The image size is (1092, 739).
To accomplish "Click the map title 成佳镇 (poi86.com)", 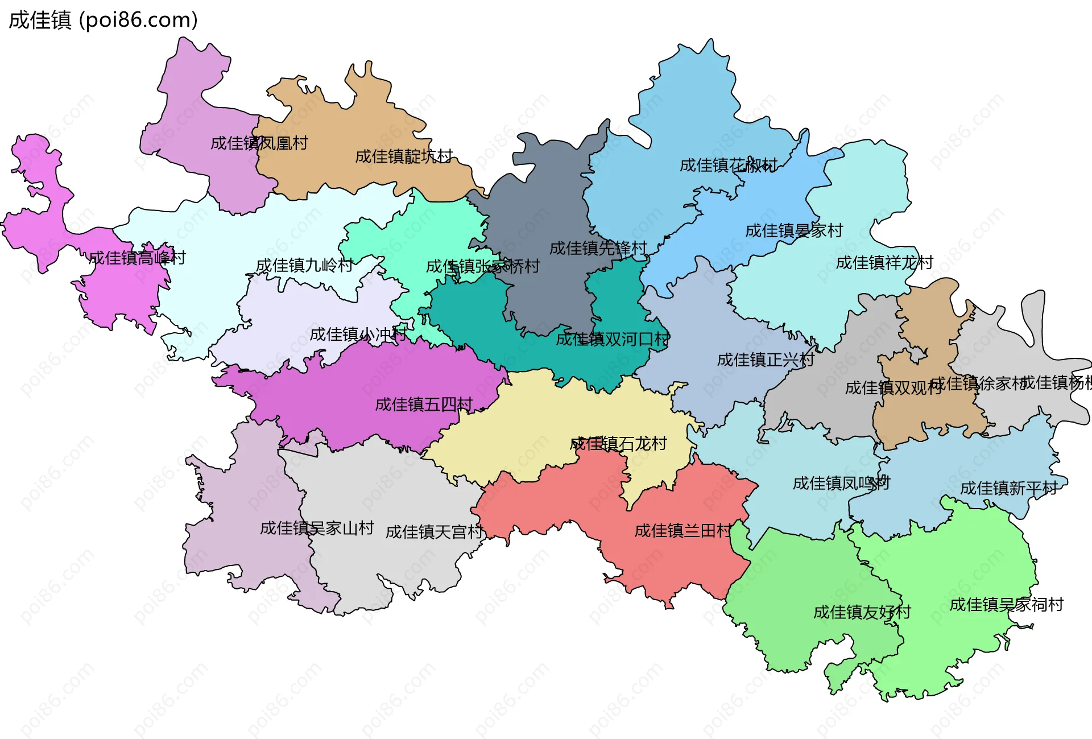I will tap(103, 20).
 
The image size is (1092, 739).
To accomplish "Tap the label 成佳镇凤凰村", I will tap(259, 143).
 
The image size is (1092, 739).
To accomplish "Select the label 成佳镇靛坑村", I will tap(404, 156).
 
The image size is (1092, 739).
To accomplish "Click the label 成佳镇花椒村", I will tap(729, 166).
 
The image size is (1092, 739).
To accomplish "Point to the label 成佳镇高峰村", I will tap(137, 258).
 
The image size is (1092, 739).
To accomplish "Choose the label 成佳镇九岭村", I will tap(304, 266).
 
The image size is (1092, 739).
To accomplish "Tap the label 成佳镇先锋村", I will tap(598, 249).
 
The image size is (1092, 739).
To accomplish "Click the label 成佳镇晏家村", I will tap(794, 231).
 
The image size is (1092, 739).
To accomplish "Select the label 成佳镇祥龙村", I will tap(884, 263).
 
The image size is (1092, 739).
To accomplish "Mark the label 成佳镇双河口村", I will tap(613, 340).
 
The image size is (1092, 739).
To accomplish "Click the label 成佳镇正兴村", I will tap(766, 360).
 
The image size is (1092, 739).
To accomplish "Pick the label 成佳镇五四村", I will tap(424, 404).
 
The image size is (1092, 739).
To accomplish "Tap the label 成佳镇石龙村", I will tap(618, 444).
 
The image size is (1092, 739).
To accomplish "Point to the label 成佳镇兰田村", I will tap(683, 531).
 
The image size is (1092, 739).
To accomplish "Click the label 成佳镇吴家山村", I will tap(317, 529).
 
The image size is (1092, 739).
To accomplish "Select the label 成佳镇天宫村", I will tap(435, 532).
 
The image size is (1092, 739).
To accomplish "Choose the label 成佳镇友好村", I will tap(862, 613).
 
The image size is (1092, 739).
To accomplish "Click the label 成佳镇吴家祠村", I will tap(1007, 605).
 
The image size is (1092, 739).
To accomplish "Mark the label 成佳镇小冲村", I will tap(358, 335).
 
